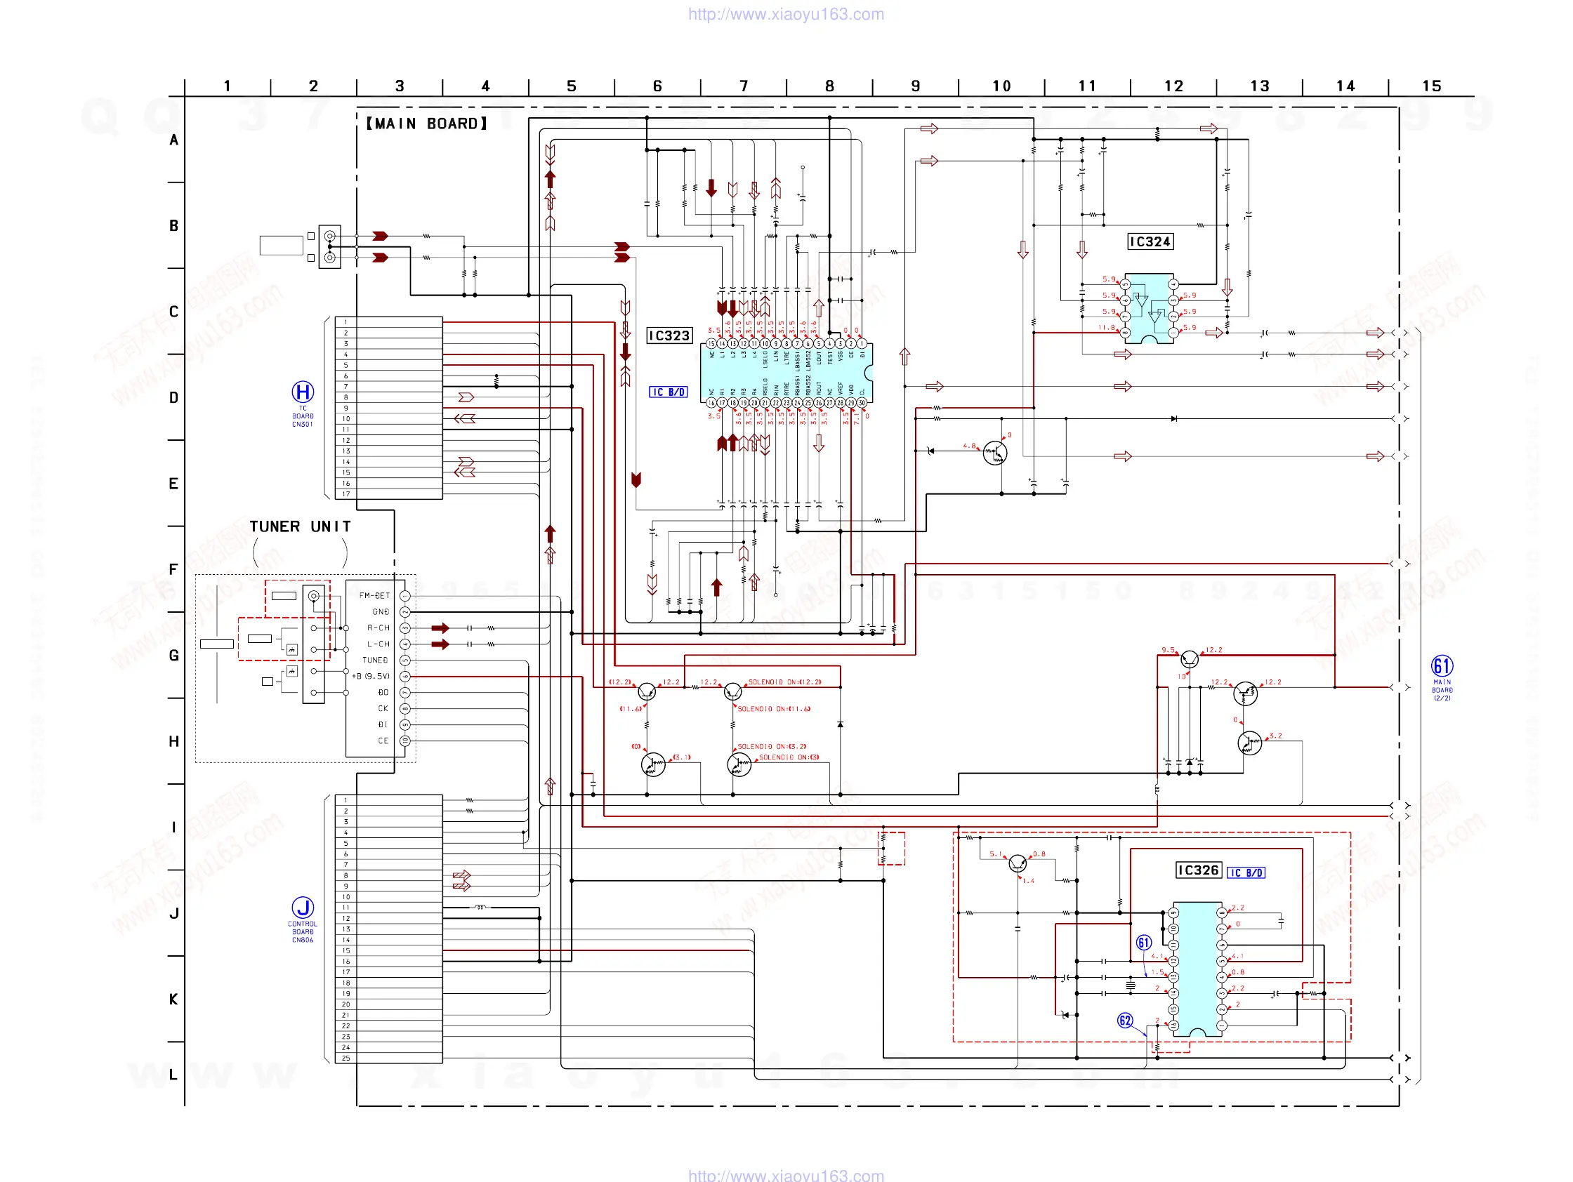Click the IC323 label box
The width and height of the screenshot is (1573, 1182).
[x=669, y=336]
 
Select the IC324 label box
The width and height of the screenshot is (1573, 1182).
[x=1150, y=241]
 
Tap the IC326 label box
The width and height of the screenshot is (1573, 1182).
[x=1198, y=870]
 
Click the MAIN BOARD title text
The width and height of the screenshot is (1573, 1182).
[x=427, y=124]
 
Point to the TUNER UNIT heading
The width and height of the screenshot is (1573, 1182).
[x=299, y=526]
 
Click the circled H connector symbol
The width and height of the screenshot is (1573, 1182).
[x=303, y=392]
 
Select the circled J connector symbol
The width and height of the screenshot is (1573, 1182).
[x=303, y=907]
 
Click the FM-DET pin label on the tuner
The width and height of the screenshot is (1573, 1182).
[x=374, y=596]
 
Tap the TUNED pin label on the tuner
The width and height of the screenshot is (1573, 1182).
[x=375, y=660]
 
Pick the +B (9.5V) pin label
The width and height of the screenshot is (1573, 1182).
[x=371, y=677]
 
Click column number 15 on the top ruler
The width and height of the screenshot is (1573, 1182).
[x=1431, y=86]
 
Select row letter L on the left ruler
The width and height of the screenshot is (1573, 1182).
[x=173, y=1075]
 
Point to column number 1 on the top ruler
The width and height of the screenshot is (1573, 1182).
[x=227, y=86]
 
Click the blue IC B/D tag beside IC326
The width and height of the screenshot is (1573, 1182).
[x=1246, y=873]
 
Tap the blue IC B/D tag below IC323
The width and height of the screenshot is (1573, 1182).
[x=668, y=392]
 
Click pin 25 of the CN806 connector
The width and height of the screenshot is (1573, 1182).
[x=346, y=1058]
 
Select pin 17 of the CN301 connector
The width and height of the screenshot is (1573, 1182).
[x=346, y=494]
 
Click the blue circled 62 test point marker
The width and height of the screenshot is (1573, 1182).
[x=1124, y=1021]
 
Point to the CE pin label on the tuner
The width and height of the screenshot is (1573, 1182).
[x=383, y=741]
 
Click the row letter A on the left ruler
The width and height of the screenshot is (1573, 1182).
[x=173, y=140]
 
